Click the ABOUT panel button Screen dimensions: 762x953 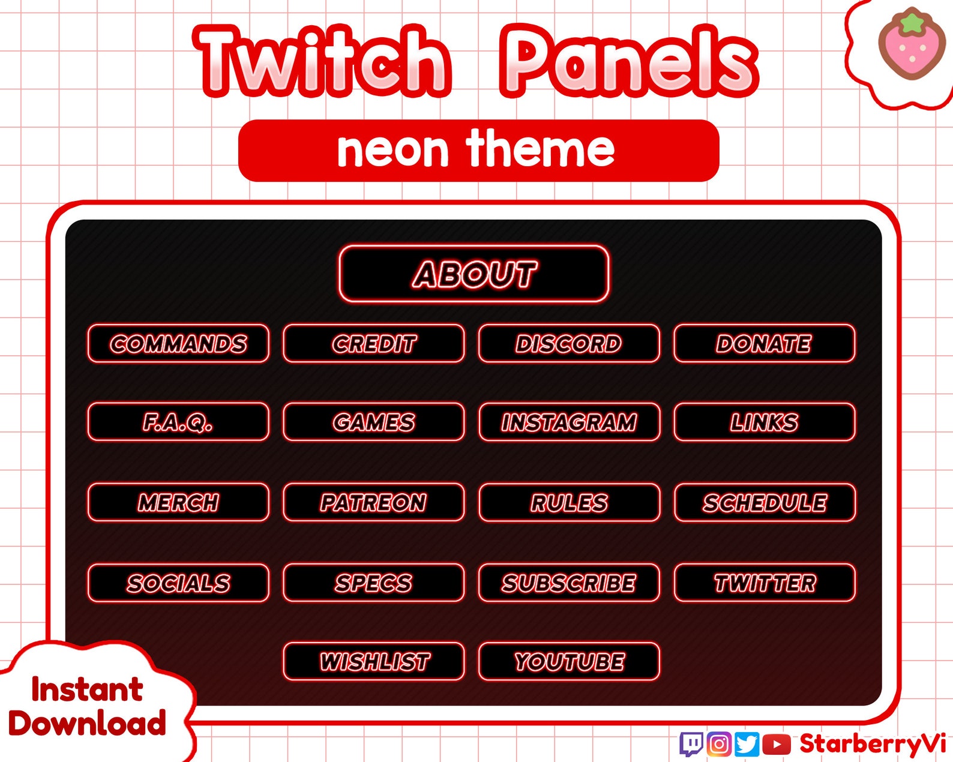[474, 274]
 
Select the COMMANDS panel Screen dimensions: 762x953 [178, 344]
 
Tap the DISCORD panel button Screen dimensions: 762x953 [569, 344]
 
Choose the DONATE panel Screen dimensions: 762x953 [764, 344]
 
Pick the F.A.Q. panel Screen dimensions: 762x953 [178, 422]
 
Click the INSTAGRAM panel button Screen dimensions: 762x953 [569, 422]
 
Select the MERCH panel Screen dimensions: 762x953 [178, 502]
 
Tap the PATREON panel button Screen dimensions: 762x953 [373, 502]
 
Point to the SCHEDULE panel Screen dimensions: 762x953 [765, 502]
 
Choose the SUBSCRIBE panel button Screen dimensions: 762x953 [569, 583]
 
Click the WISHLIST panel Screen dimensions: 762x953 [373, 662]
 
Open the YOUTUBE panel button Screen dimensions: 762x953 [569, 662]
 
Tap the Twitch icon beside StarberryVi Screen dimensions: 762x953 [691, 744]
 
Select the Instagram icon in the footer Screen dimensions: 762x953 [719, 744]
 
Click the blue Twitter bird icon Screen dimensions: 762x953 [747, 744]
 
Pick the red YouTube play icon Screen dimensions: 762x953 [777, 744]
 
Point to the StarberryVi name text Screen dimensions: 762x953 [873, 744]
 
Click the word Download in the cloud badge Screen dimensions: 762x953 [87, 724]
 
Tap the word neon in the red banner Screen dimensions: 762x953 [392, 150]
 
